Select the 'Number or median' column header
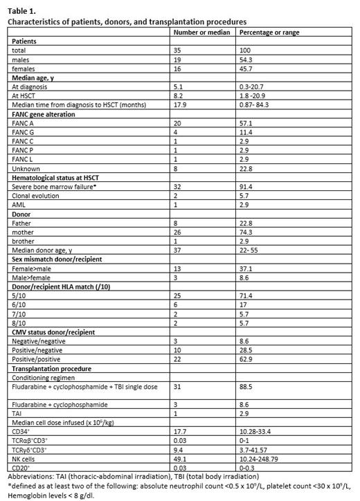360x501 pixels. click(x=201, y=32)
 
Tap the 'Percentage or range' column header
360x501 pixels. click(x=267, y=32)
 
